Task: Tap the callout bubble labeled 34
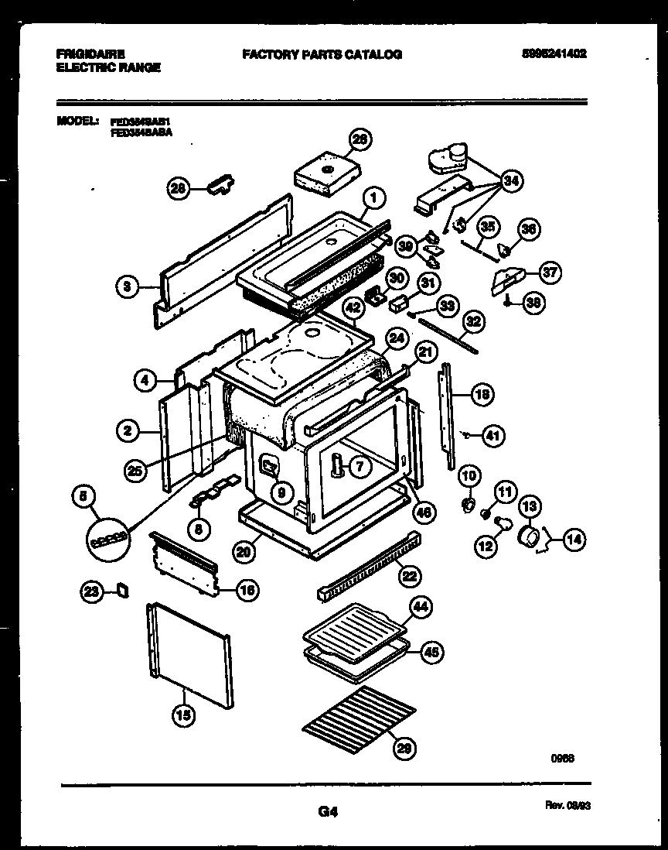pos(510,181)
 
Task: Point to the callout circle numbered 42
pos(353,307)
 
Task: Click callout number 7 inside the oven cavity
pos(360,466)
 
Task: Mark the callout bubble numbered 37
pos(550,272)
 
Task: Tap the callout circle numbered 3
pos(126,287)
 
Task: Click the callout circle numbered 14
pos(574,540)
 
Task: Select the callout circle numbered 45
pos(431,653)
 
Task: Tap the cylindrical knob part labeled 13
pos(530,536)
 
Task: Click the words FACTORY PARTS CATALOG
pos(322,54)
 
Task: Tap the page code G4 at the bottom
pos(328,812)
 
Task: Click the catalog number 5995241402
pos(554,54)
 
